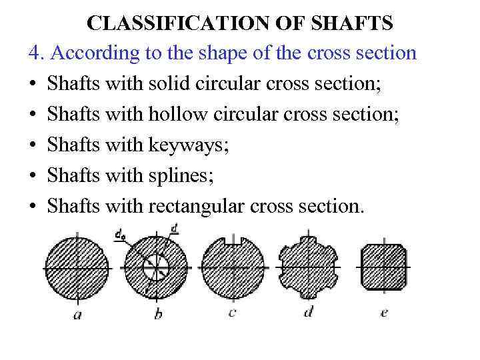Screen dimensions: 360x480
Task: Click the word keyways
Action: pos(189,145)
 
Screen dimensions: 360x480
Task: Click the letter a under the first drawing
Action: pos(77,315)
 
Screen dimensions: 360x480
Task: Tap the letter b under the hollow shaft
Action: pos(157,313)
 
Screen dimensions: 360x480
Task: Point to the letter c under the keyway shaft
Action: pos(232,312)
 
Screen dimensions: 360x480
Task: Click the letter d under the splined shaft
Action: pos(308,312)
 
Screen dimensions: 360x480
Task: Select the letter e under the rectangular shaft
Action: pos(383,312)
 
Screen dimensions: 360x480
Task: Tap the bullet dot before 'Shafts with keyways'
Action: pos(33,145)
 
